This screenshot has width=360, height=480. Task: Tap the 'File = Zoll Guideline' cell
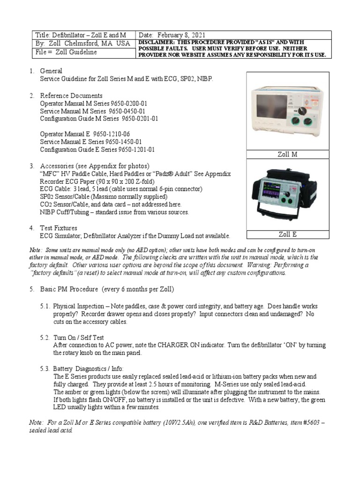pos(66,52)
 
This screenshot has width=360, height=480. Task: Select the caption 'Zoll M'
pos(288,154)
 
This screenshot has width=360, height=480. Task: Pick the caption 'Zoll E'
pos(288,234)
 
